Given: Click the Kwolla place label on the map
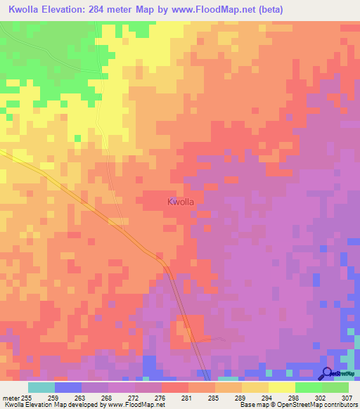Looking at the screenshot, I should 181,202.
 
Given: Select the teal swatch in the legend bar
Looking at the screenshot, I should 41,387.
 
